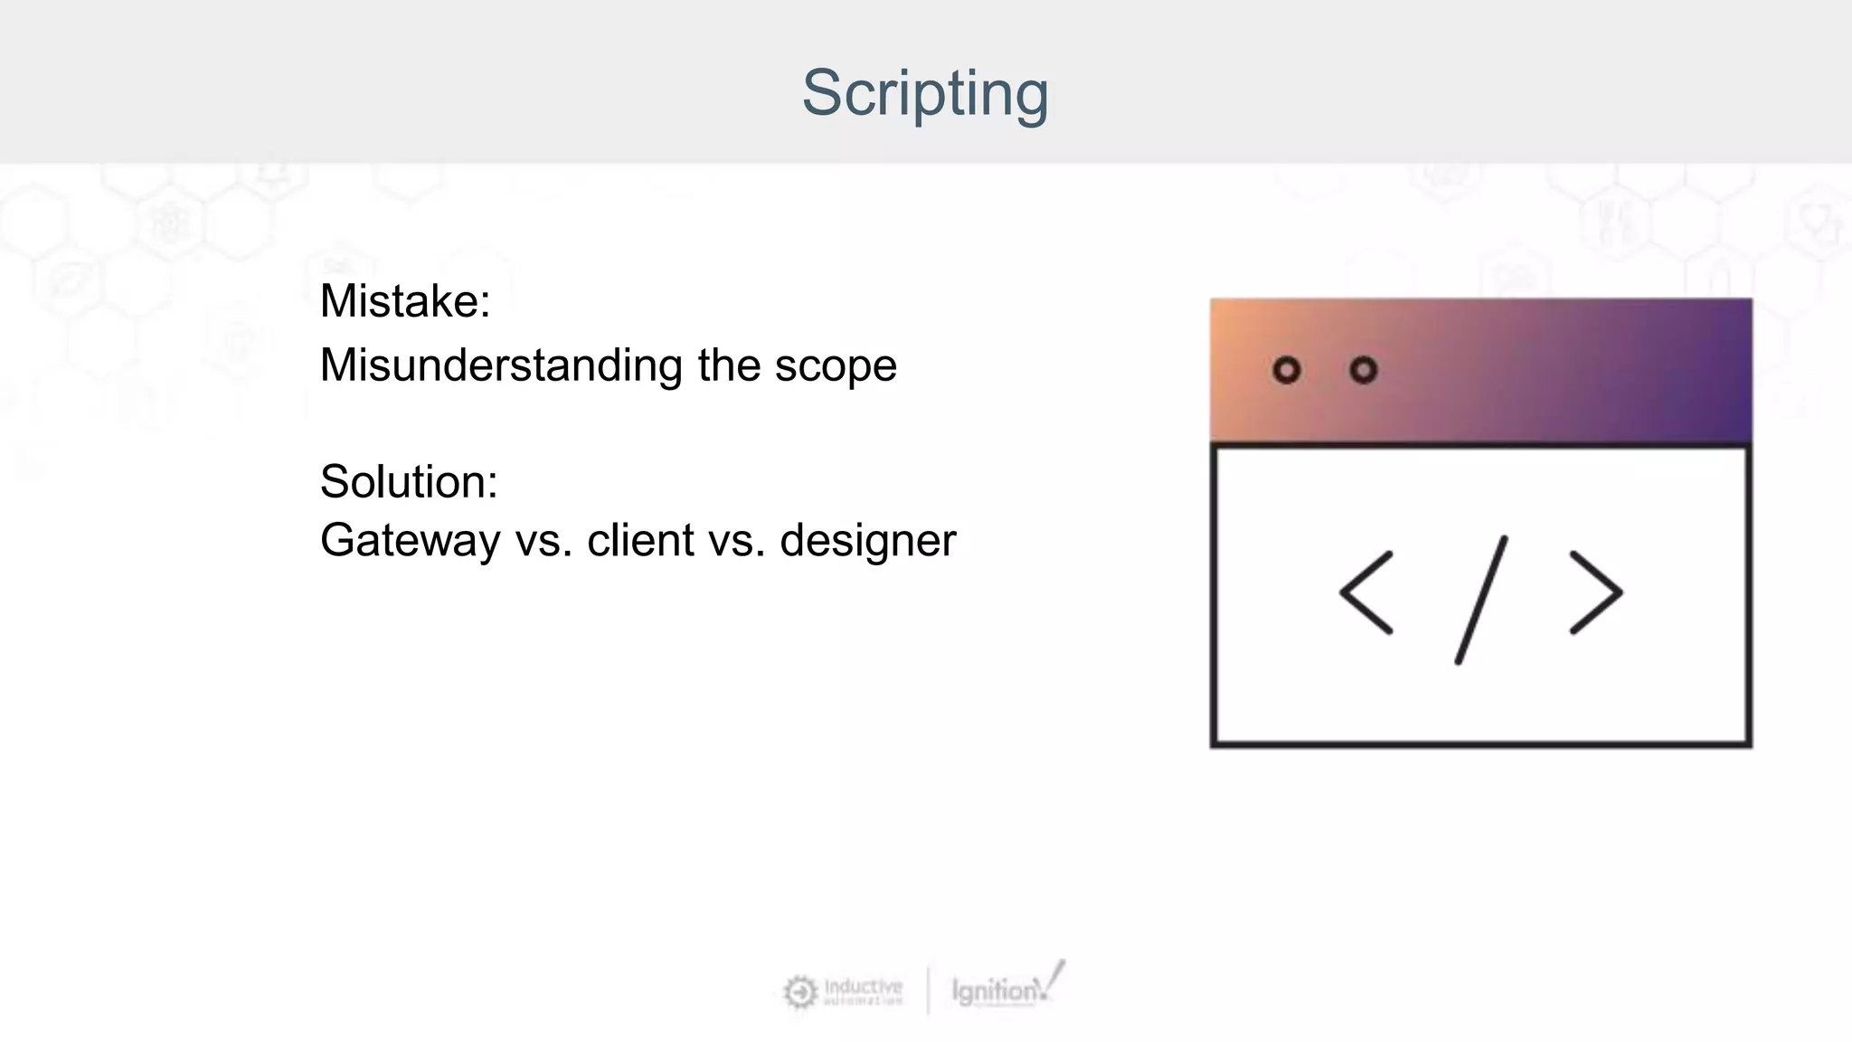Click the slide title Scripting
924,93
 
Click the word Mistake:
404,301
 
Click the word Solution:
408,481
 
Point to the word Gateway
410,541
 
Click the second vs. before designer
737,542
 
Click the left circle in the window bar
1286,370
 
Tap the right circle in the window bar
1363,370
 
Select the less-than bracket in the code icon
1366,592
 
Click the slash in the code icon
1481,600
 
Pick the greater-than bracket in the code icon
1596,592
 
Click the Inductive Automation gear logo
799,992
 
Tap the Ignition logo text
995,990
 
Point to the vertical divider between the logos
928,990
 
